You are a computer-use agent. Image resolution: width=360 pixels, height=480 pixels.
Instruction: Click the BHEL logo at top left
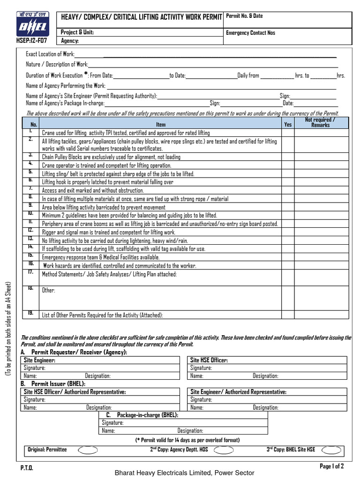tap(31, 24)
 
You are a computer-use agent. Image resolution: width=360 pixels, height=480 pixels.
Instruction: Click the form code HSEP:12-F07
tap(31, 40)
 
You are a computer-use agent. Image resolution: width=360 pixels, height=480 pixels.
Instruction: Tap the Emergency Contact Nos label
tap(250, 33)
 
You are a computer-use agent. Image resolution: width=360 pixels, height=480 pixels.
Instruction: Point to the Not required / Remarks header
tap(321, 122)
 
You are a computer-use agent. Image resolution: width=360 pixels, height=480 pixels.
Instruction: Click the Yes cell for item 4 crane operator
tap(288, 165)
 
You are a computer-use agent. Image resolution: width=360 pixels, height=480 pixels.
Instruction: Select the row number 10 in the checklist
tap(30, 214)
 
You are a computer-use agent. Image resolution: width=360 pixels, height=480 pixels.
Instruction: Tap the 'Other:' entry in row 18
tap(49, 291)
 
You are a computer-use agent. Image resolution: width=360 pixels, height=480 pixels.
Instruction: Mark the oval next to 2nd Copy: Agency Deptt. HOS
tap(223, 450)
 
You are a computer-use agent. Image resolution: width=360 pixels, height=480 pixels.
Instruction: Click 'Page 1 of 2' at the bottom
tap(331, 466)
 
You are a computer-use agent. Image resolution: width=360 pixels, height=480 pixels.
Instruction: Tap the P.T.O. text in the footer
tap(27, 468)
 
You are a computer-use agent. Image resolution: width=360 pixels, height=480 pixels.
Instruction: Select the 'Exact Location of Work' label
tap(50, 54)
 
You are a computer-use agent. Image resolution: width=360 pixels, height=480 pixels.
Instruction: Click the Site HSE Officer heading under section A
tap(209, 360)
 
